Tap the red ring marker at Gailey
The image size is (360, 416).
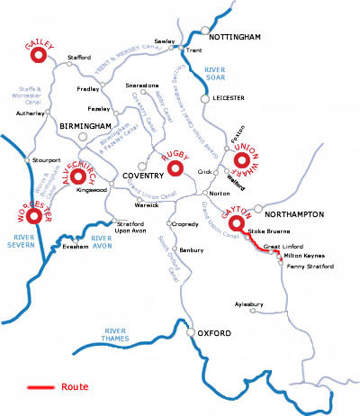(39, 56)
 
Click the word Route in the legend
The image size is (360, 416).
(75, 387)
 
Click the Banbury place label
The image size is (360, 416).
(192, 249)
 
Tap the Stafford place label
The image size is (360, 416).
(79, 58)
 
